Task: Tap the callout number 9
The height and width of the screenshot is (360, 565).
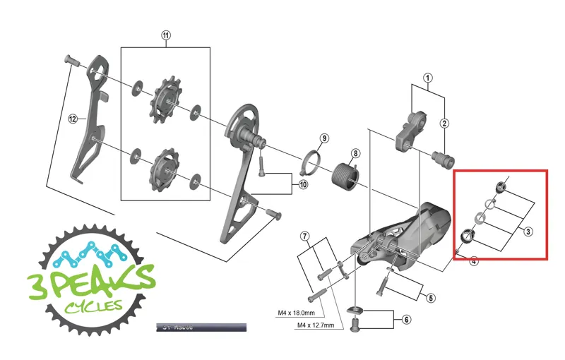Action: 324,137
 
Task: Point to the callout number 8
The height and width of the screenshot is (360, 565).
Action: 355,153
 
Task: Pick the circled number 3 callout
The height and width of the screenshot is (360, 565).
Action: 528,230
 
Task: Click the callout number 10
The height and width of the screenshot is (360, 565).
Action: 304,184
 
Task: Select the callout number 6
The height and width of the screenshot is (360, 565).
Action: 406,320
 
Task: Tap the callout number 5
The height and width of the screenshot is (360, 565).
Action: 430,297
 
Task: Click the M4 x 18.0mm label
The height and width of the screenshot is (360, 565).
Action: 297,313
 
